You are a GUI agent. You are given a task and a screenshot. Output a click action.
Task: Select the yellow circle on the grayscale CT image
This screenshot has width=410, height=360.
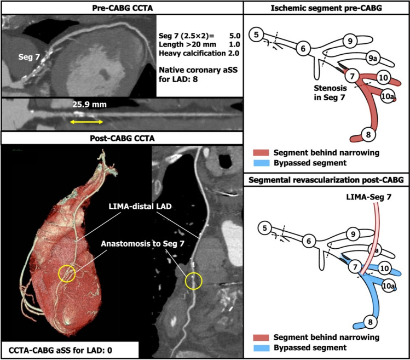(x=193, y=281)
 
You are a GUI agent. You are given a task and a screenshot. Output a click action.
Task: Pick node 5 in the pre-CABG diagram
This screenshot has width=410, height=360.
(x=256, y=36)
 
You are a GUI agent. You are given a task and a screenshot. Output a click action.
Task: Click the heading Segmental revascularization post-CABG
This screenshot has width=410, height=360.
(x=326, y=179)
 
